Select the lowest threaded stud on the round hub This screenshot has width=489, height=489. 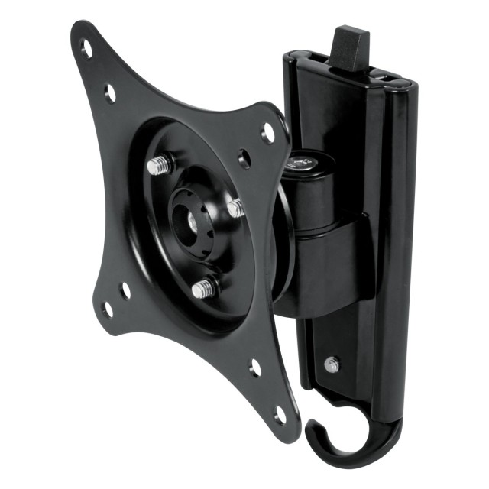coord(202,288)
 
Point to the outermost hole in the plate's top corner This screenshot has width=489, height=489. coord(86,48)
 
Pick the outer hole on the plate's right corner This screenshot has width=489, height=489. coord(268,132)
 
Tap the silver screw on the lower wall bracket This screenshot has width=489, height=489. coord(332,364)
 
